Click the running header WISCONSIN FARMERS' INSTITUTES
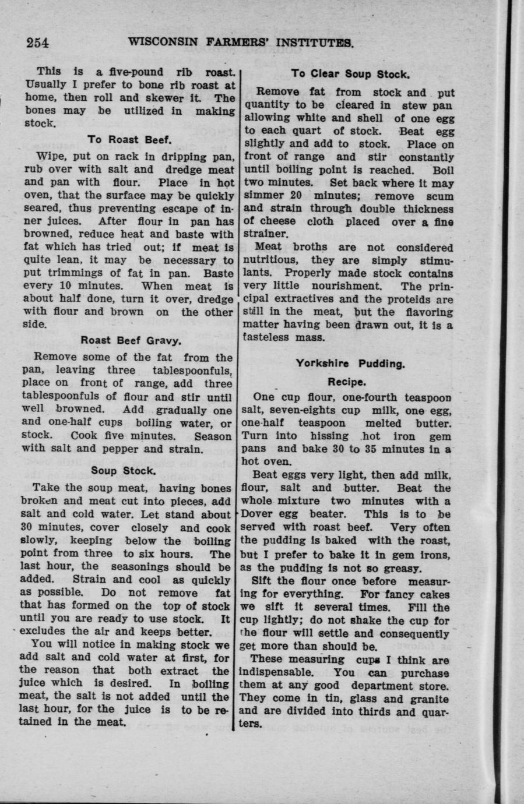click(x=241, y=42)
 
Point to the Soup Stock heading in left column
click(x=124, y=470)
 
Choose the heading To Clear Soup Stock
click(x=350, y=74)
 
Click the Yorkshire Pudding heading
click(x=350, y=364)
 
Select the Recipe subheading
click(x=347, y=382)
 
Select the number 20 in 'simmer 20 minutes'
click(x=299, y=196)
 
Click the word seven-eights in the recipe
click(x=297, y=410)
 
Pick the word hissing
click(x=329, y=436)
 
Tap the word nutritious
click(x=272, y=260)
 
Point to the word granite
click(x=428, y=698)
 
